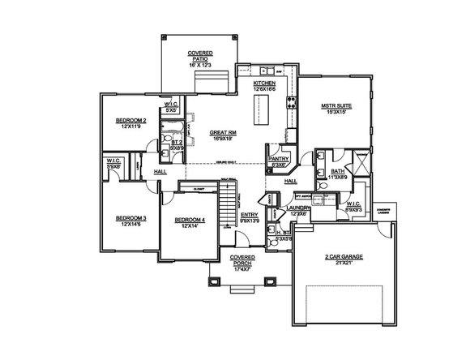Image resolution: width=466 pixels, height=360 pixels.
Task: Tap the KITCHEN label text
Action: coord(265,84)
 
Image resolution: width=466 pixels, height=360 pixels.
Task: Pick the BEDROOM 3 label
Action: coord(130,218)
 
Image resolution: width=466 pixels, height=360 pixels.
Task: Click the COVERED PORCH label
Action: coord(242,259)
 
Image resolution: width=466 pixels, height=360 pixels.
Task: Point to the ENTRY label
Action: coord(249,215)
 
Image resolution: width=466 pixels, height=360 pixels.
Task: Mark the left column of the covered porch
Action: coord(214,281)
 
